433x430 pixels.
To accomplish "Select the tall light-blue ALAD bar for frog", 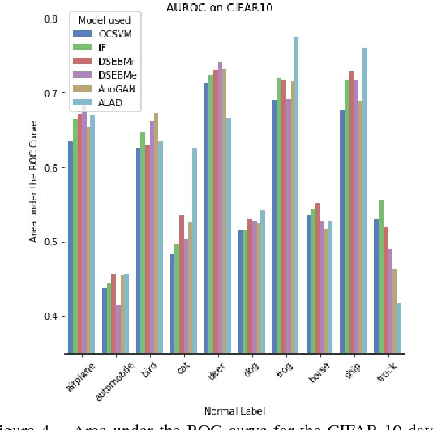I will point(296,195).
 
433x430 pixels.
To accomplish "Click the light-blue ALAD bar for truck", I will point(398,328).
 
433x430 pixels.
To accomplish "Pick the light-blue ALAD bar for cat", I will point(194,251).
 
